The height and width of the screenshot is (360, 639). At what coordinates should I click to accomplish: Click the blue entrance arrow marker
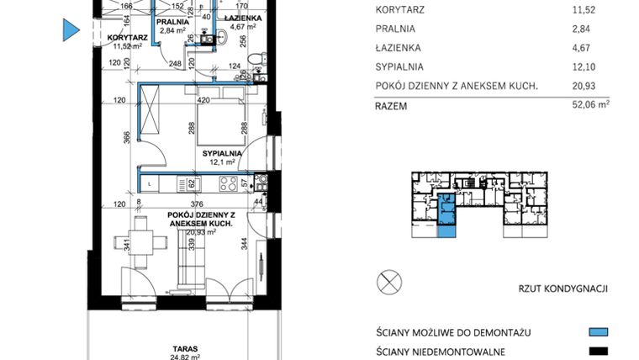click(x=71, y=31)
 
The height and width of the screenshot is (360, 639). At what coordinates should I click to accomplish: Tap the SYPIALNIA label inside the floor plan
click(x=222, y=153)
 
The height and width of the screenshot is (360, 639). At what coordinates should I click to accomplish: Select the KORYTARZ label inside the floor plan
click(x=128, y=38)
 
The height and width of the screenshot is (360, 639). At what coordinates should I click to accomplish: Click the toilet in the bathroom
click(x=262, y=64)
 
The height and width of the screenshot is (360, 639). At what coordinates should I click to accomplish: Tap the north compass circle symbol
click(x=389, y=282)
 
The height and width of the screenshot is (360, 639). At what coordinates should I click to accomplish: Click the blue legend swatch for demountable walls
click(x=598, y=332)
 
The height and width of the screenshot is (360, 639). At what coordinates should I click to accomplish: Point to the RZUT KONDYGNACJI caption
click(x=562, y=289)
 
